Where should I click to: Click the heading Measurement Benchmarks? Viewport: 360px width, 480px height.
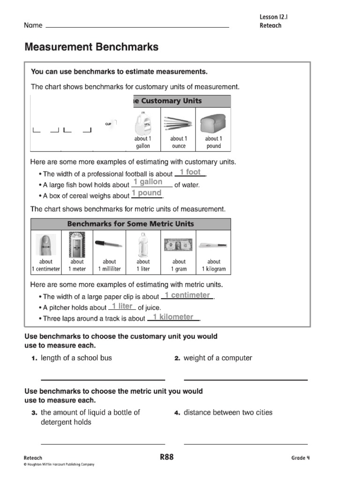click(91, 47)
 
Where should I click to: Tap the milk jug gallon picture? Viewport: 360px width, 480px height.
click(142, 122)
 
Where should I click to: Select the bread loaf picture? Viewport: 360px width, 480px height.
click(213, 123)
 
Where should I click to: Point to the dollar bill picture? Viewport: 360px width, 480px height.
click(178, 244)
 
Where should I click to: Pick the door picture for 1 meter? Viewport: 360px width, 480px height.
click(77, 244)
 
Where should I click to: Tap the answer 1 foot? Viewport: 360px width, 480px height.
click(190, 172)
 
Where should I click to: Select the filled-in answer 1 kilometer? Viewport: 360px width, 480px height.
click(173, 317)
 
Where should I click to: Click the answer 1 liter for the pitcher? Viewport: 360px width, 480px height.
click(122, 307)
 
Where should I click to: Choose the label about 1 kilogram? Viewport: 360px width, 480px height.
click(214, 265)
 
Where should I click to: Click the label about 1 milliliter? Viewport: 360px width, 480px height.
click(109, 265)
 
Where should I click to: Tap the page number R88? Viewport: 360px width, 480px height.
click(166, 457)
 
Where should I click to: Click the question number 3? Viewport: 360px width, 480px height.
click(34, 413)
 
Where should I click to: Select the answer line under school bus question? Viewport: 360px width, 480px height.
click(103, 380)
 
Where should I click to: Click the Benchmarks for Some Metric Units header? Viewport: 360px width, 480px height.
click(130, 224)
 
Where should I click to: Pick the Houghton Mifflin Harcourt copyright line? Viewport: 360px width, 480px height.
click(59, 465)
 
